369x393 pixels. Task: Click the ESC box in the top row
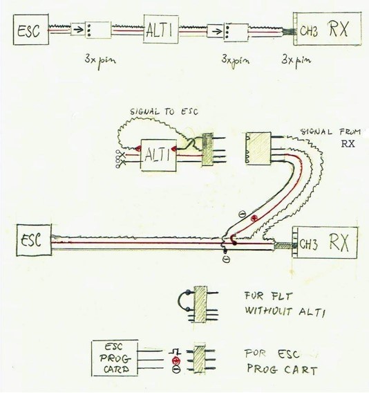tap(31, 30)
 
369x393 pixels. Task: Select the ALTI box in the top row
tap(161, 29)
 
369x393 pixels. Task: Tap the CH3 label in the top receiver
tap(309, 31)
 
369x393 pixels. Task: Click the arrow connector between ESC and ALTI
tap(78, 29)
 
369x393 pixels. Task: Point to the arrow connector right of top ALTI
tap(215, 31)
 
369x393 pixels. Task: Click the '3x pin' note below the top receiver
tap(296, 60)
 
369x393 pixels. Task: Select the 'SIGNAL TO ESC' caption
tap(164, 111)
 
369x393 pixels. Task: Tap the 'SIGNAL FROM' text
tap(330, 132)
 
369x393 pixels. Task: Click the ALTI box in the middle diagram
tap(158, 155)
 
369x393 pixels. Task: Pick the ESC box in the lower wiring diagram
tap(34, 240)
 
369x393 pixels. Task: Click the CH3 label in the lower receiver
tap(308, 244)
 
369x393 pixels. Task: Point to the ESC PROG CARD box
tap(115, 358)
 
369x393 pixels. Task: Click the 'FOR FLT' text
tap(268, 296)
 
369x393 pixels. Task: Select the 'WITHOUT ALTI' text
tap(285, 311)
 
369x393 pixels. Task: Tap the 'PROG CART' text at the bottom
tap(282, 369)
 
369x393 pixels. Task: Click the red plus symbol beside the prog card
tap(176, 360)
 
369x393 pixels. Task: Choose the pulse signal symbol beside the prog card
tap(175, 352)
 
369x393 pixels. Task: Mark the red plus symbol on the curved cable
tap(254, 218)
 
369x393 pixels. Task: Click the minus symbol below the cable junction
tap(227, 259)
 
